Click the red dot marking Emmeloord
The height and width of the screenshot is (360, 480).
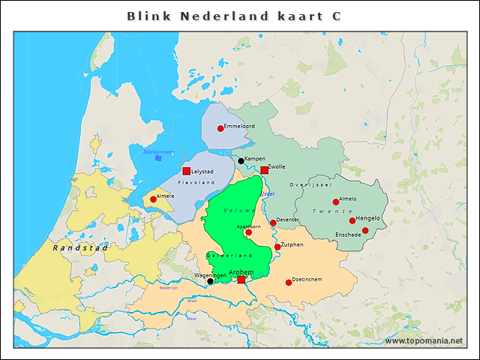click(x=220, y=128)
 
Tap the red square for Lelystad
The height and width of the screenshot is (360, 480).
click(x=186, y=171)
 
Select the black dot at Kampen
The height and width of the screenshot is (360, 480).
click(x=241, y=160)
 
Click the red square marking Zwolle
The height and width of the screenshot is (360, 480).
click(x=264, y=170)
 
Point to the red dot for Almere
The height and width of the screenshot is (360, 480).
click(x=153, y=199)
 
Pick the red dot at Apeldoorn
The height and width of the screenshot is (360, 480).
click(x=248, y=232)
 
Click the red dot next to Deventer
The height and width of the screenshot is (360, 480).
click(x=273, y=223)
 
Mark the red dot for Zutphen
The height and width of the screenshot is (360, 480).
click(x=277, y=247)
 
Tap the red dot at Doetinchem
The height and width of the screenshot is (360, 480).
click(x=289, y=283)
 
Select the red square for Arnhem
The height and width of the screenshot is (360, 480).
click(x=241, y=280)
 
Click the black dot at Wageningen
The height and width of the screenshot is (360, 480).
click(x=210, y=281)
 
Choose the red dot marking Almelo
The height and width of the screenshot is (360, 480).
click(x=336, y=202)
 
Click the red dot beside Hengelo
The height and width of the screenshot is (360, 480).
click(x=352, y=220)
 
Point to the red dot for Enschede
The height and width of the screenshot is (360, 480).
click(x=365, y=230)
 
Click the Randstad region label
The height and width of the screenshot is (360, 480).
click(x=81, y=247)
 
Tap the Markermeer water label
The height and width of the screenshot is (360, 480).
click(x=158, y=152)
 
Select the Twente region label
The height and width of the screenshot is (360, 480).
click(x=327, y=212)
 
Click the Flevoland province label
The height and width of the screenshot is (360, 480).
click(x=196, y=182)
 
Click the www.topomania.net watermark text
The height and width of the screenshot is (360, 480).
click(x=423, y=341)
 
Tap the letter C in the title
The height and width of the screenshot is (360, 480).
click(x=336, y=16)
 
